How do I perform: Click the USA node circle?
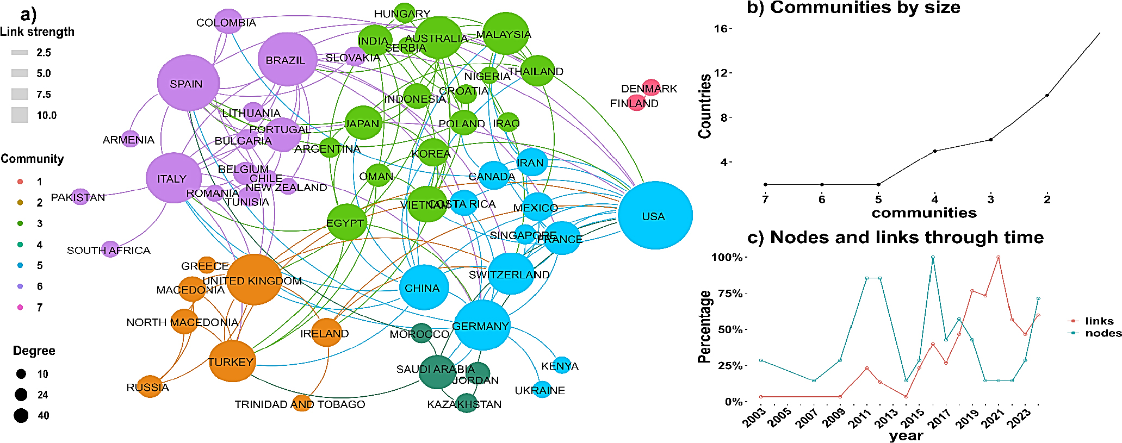[x=655, y=216]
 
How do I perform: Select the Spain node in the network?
[x=188, y=83]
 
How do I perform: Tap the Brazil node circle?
[x=287, y=59]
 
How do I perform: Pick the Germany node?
[x=481, y=325]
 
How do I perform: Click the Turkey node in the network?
[x=232, y=361]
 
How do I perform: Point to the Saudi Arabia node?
[x=437, y=372]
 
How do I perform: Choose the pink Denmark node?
[x=651, y=87]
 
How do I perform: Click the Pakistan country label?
[x=78, y=197]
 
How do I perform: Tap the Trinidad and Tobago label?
[x=300, y=404]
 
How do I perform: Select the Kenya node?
[x=561, y=365]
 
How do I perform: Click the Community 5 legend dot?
[x=20, y=265]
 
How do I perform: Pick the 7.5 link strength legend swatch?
[x=20, y=94]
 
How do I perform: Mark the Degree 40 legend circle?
[x=21, y=416]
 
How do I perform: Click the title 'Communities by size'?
[x=853, y=8]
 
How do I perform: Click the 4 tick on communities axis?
[x=934, y=199]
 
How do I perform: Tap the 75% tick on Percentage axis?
[x=729, y=294]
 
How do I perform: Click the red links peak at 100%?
[x=998, y=257]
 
